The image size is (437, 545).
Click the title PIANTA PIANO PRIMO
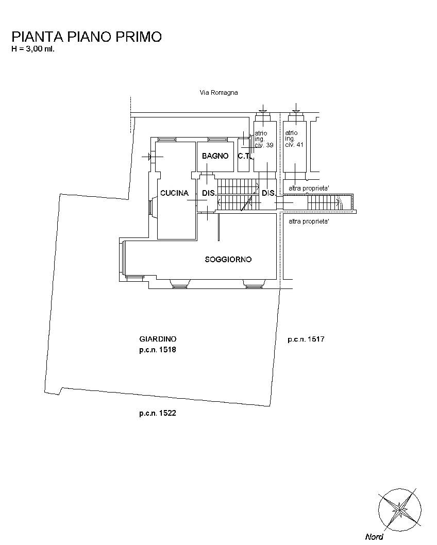tap(87, 37)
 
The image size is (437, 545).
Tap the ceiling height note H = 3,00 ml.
tap(33, 48)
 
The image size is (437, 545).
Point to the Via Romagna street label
tap(218, 92)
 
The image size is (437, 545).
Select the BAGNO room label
tap(215, 156)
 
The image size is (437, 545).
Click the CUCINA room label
tap(174, 193)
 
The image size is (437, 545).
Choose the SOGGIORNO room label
tap(228, 259)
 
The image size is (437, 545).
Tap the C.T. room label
tap(244, 156)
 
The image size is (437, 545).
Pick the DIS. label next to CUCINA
tap(209, 193)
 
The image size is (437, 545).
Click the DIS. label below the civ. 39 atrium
tap(268, 193)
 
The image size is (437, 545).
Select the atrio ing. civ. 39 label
tap(264, 139)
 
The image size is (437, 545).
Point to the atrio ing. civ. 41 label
tap(294, 139)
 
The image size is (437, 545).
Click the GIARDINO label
tap(158, 339)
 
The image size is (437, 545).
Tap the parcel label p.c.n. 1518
tap(158, 350)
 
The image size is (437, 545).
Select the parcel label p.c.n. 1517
tap(306, 339)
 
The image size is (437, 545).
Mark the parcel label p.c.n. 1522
tap(158, 413)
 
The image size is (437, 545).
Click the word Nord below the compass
tap(374, 537)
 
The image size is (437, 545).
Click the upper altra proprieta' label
tap(309, 189)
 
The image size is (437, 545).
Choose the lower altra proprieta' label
tap(309, 222)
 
